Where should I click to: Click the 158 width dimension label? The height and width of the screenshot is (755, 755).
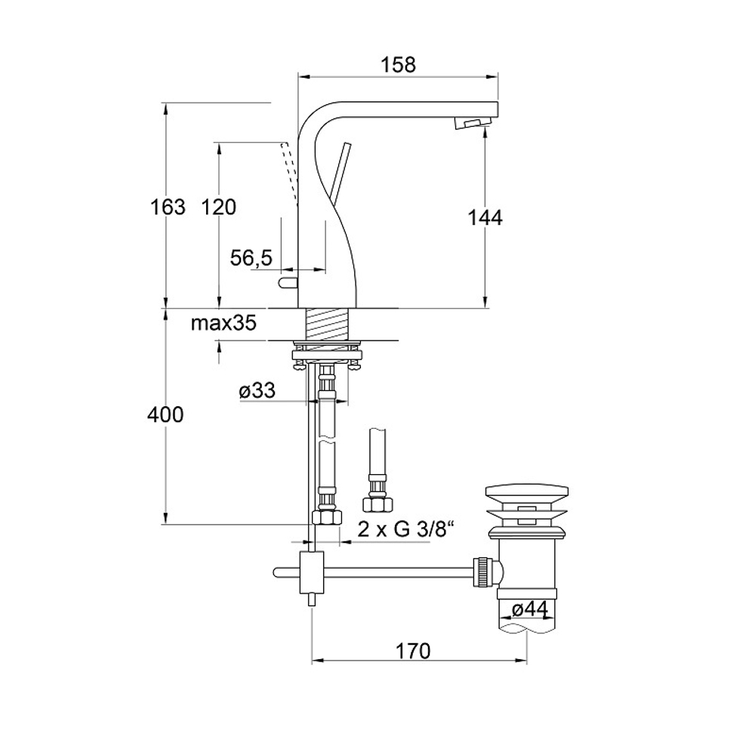[x=398, y=64]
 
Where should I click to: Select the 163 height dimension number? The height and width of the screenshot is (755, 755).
[x=168, y=207]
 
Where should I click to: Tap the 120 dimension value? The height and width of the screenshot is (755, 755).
[x=219, y=207]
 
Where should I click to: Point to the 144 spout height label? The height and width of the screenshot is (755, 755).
[x=485, y=217]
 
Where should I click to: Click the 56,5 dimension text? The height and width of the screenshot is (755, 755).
[x=251, y=258]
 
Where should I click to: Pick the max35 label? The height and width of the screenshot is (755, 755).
[x=223, y=323]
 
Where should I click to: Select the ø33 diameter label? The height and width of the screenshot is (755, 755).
[x=257, y=390]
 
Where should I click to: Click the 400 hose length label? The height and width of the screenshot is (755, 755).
[x=165, y=414]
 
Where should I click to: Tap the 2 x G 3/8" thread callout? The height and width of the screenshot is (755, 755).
[x=406, y=529]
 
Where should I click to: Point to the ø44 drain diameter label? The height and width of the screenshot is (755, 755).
[x=530, y=609]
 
